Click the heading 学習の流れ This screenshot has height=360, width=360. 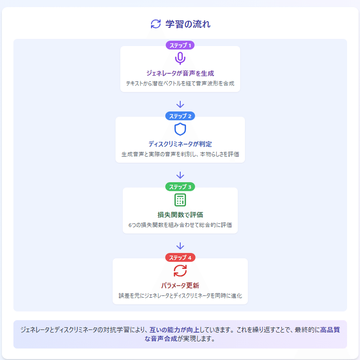tap(188, 24)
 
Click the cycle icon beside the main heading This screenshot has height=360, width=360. tap(156, 24)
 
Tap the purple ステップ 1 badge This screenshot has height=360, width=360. tap(180, 46)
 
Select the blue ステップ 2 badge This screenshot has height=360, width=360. tap(180, 116)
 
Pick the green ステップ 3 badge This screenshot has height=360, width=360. tap(180, 186)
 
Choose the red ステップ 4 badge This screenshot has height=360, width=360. tap(180, 257)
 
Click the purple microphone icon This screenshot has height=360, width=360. tap(180, 58)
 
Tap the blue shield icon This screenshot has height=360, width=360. tap(180, 129)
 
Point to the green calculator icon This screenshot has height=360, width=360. tap(180, 199)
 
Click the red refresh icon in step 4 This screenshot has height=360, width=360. tap(180, 270)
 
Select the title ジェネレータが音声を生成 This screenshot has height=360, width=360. tap(180, 73)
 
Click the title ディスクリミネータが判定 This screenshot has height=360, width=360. tap(180, 144)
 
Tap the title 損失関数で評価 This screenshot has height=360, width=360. tap(180, 214)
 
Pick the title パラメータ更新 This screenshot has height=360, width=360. tap(180, 285)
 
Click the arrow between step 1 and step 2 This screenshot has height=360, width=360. tap(180, 104)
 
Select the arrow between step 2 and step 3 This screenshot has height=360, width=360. tap(180, 175)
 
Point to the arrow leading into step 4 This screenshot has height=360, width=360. tap(180, 246)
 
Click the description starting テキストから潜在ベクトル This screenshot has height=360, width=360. tap(180, 83)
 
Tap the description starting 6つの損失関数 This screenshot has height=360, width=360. tap(180, 225)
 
